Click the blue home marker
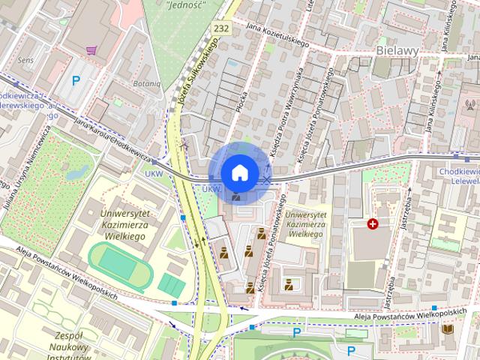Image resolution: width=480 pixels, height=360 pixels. pyautogui.click(x=239, y=172)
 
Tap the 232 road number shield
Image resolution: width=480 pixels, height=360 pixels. pyautogui.click(x=220, y=28)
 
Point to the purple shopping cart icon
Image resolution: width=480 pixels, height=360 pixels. pyautogui.click(x=91, y=50)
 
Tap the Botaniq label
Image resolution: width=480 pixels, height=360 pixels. pyautogui.click(x=146, y=83)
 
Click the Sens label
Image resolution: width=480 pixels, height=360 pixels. pyautogui.click(x=26, y=58)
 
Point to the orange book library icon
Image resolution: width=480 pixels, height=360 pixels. pyautogui.click(x=448, y=330)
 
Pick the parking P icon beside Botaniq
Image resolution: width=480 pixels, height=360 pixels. pyautogui.click(x=76, y=80)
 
